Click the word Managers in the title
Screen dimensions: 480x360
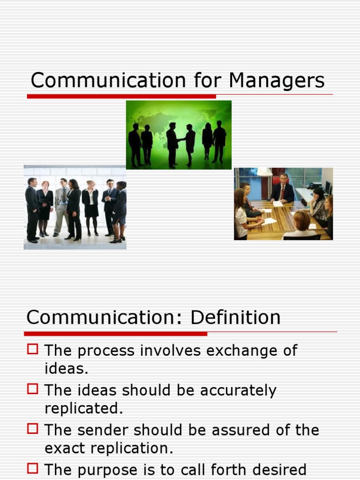277,81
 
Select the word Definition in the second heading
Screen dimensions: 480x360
235,317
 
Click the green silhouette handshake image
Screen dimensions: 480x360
179,135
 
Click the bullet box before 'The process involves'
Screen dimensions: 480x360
32,349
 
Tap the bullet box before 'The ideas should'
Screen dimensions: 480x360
32,389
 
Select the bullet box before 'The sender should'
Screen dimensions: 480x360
32,428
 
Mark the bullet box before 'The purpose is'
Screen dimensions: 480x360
32,468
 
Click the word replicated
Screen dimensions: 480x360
83,408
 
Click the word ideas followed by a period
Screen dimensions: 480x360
66,368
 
